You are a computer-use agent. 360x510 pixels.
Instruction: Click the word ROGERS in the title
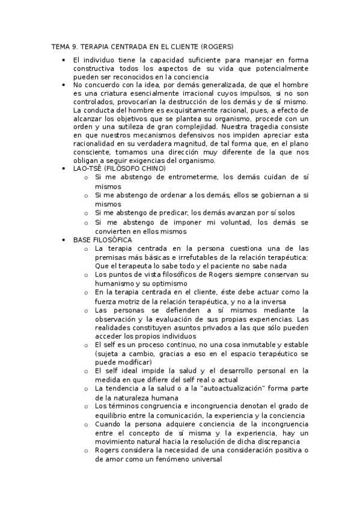(x=217, y=46)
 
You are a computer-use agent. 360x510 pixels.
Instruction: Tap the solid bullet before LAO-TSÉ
(x=64, y=169)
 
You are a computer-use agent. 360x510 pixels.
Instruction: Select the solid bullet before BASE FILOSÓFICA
(x=64, y=240)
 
